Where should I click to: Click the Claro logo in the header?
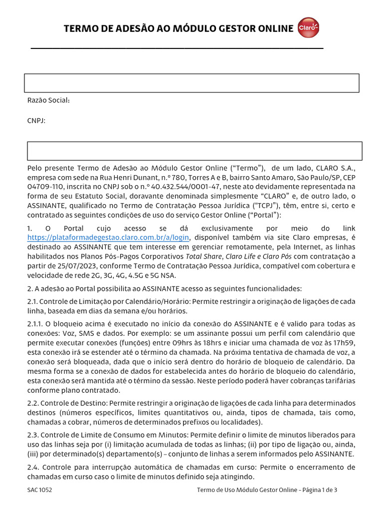(x=308, y=28)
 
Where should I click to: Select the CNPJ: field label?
(x=36, y=120)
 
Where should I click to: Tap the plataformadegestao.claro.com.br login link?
(x=109, y=237)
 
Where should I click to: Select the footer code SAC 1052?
(x=39, y=490)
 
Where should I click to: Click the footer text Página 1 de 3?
(x=320, y=490)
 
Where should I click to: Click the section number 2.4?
(x=33, y=467)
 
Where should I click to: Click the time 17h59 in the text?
(x=345, y=342)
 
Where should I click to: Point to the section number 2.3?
(x=33, y=435)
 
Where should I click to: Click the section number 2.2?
(x=33, y=403)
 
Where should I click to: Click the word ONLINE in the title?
(x=273, y=29)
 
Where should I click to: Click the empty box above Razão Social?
(x=191, y=83)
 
